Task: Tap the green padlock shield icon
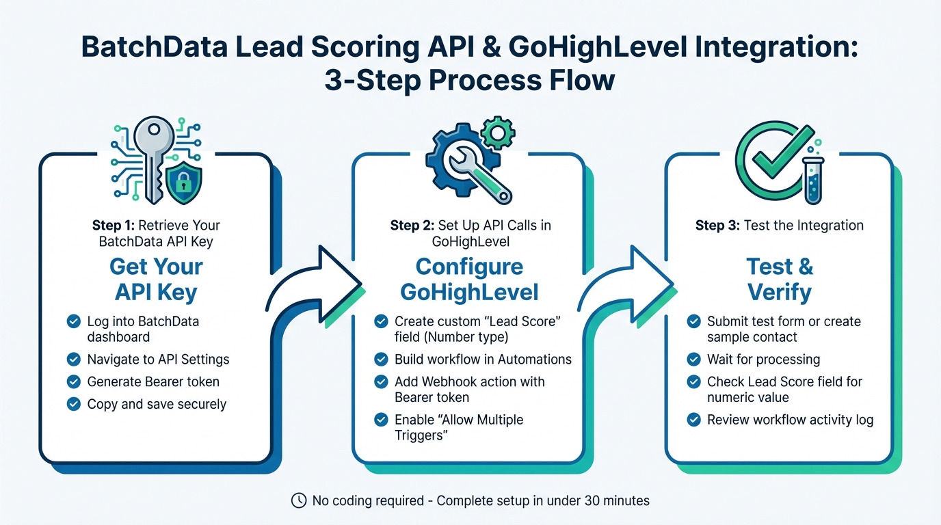tap(182, 183)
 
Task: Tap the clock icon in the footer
tap(299, 500)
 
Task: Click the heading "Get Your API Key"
tap(156, 279)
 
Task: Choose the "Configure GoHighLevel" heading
tap(469, 279)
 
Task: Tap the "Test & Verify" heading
tap(780, 279)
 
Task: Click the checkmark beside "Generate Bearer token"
tap(73, 381)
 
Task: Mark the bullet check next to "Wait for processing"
tap(693, 360)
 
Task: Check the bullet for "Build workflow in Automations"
tap(381, 359)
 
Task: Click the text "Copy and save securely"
tap(157, 404)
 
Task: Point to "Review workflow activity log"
tap(790, 420)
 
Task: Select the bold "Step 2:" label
tap(412, 226)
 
